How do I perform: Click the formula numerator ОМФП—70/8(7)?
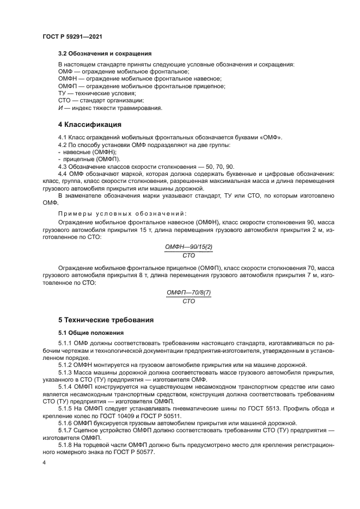189,293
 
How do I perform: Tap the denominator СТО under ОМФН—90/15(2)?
189,255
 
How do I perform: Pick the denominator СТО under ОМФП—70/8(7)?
189,301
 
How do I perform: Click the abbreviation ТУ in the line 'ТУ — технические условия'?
62,93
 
